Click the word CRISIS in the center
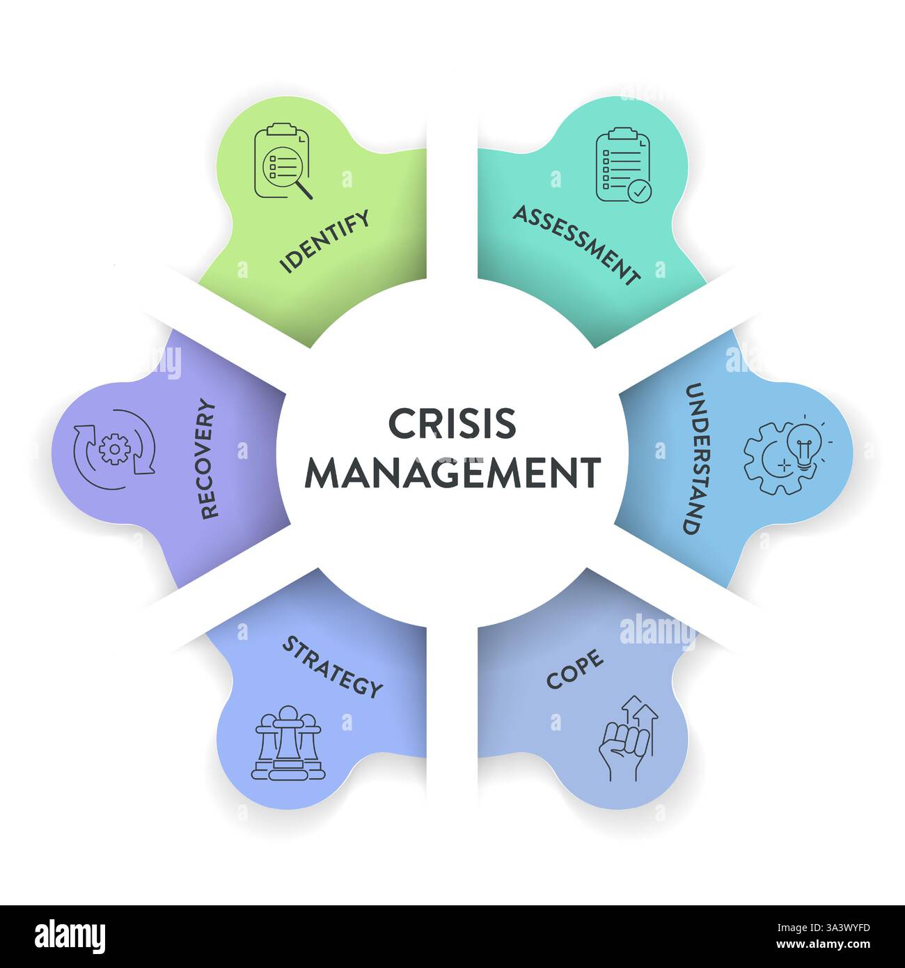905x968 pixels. point(452,423)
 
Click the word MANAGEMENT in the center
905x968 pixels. point(452,473)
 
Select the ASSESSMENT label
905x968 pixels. point(576,245)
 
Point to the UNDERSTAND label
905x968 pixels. point(691,458)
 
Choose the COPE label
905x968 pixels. point(574,669)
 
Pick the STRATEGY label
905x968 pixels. point(332,666)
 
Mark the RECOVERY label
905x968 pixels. point(209,458)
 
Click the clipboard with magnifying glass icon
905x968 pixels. point(282,161)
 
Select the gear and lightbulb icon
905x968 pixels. point(787,448)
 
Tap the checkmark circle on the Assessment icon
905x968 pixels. point(640,189)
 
